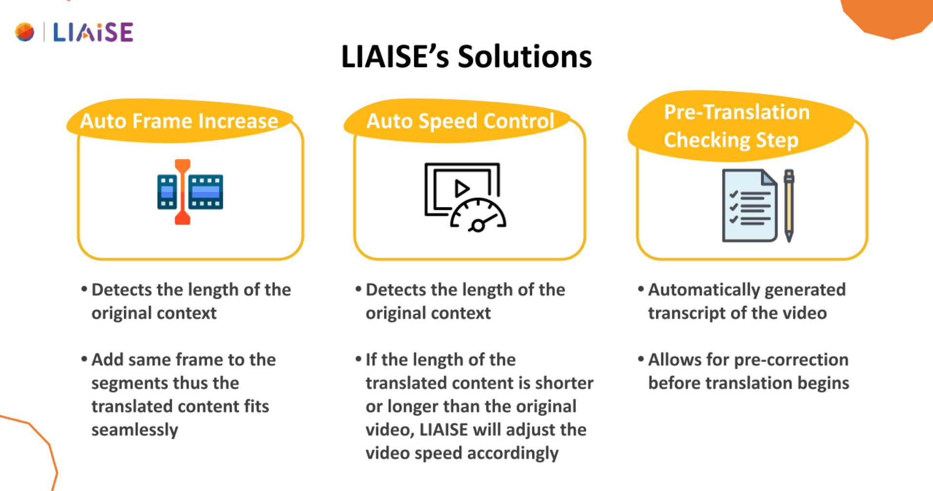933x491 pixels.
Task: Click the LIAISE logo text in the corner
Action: point(93,33)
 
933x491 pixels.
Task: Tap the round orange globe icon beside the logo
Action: point(25,32)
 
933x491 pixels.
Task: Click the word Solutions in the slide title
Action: point(525,56)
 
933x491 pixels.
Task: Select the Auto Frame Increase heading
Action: point(179,121)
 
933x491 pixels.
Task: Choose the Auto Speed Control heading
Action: point(460,121)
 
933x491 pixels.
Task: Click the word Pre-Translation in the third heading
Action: point(737,112)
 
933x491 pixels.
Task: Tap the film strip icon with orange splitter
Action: point(190,192)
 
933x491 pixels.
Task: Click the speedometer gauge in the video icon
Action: point(478,215)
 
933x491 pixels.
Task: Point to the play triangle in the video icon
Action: point(462,189)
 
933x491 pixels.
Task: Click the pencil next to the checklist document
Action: point(789,205)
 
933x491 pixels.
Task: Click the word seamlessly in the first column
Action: point(135,430)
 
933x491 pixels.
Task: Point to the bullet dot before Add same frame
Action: point(84,359)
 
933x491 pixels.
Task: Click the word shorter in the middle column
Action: point(564,383)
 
